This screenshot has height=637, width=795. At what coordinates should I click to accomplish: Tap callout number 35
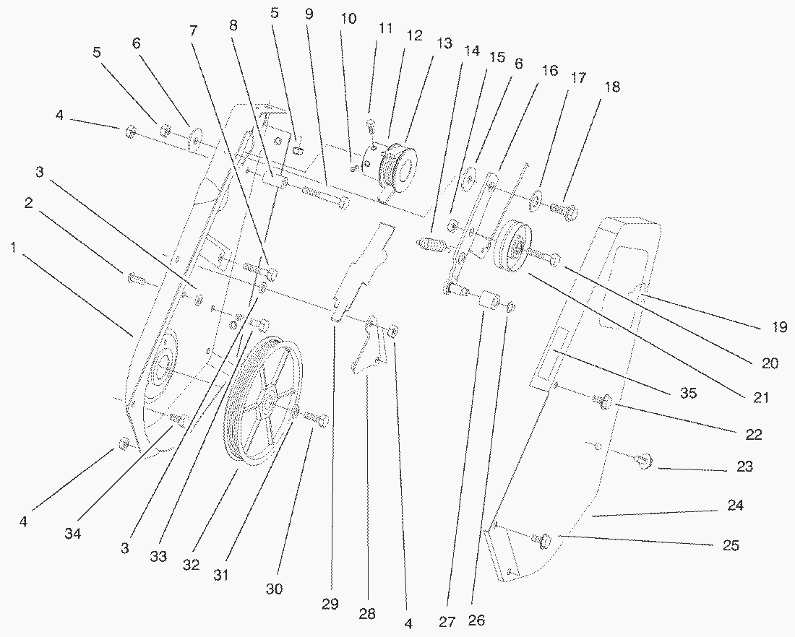pos(687,394)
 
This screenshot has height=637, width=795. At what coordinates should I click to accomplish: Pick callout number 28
pos(367,615)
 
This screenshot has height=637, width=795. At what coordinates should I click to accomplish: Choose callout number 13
pos(444,44)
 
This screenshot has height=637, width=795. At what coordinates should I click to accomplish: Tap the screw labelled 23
pos(643,460)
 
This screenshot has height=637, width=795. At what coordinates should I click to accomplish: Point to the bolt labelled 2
pos(137,277)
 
